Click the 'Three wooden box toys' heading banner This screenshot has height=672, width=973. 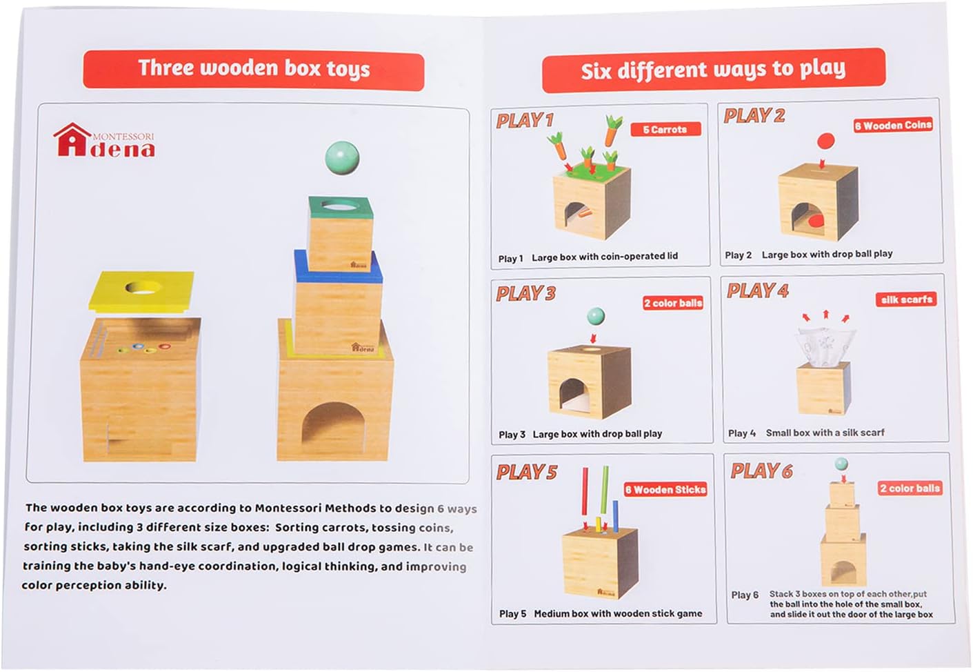pos(253,68)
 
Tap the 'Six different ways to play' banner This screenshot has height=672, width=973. pos(713,70)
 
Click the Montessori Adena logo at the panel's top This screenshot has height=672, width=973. pos(104,140)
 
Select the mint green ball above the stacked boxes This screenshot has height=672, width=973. pos(342,157)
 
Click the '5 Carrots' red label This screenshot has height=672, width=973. pos(665,129)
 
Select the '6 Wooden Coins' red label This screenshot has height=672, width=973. pos(893,126)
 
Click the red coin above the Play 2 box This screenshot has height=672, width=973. pos(825,141)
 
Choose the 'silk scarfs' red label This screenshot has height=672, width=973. pos(906,299)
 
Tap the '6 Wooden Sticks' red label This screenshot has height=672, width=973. pos(665,489)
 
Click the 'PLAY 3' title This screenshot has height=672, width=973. pos(525,293)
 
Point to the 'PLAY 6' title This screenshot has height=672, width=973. pos(761,471)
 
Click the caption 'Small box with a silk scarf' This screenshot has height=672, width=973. pos(825,433)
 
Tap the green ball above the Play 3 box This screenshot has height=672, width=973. pos(594,317)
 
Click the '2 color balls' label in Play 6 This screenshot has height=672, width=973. pos(909,488)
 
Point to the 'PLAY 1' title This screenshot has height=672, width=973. pos(525,121)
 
